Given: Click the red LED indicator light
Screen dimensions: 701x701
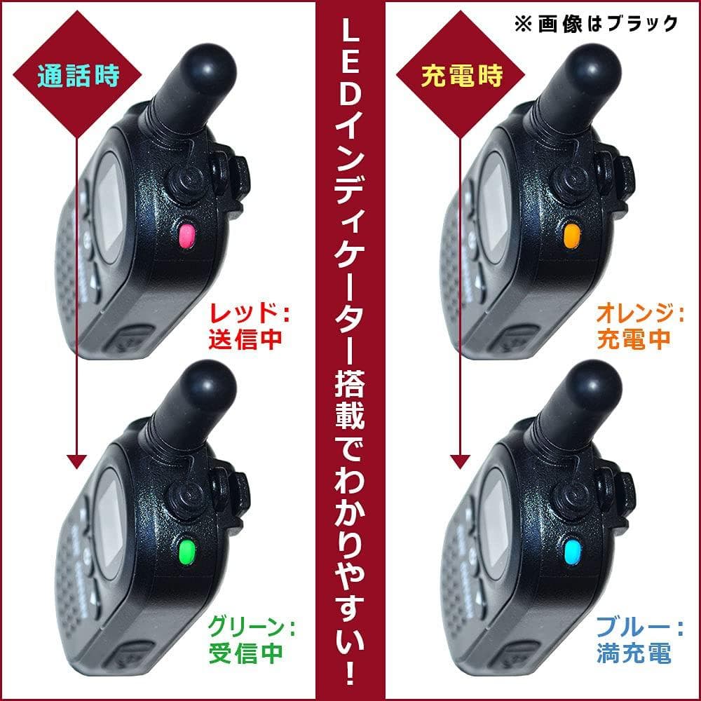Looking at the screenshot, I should click(x=187, y=236).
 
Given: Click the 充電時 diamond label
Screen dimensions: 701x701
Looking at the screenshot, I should click(x=461, y=76).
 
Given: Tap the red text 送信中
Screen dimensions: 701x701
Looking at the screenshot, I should click(x=245, y=339).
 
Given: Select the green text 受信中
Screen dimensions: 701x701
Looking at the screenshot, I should click(x=245, y=653).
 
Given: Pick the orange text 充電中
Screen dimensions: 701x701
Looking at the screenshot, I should click(x=633, y=339).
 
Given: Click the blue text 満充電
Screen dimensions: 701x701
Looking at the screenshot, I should click(x=633, y=653).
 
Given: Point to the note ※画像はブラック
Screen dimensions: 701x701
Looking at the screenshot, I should click(x=596, y=23).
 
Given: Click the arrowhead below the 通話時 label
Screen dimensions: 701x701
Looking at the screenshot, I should click(x=76, y=461).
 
